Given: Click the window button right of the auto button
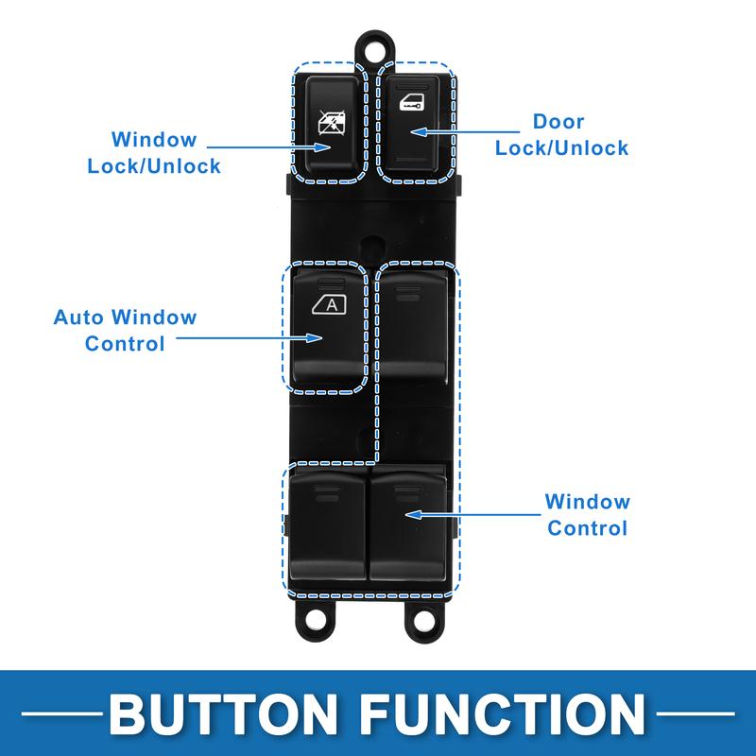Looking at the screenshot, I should [414, 326].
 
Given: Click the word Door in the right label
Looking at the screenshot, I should [558, 122].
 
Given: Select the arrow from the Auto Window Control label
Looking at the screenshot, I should [248, 338].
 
